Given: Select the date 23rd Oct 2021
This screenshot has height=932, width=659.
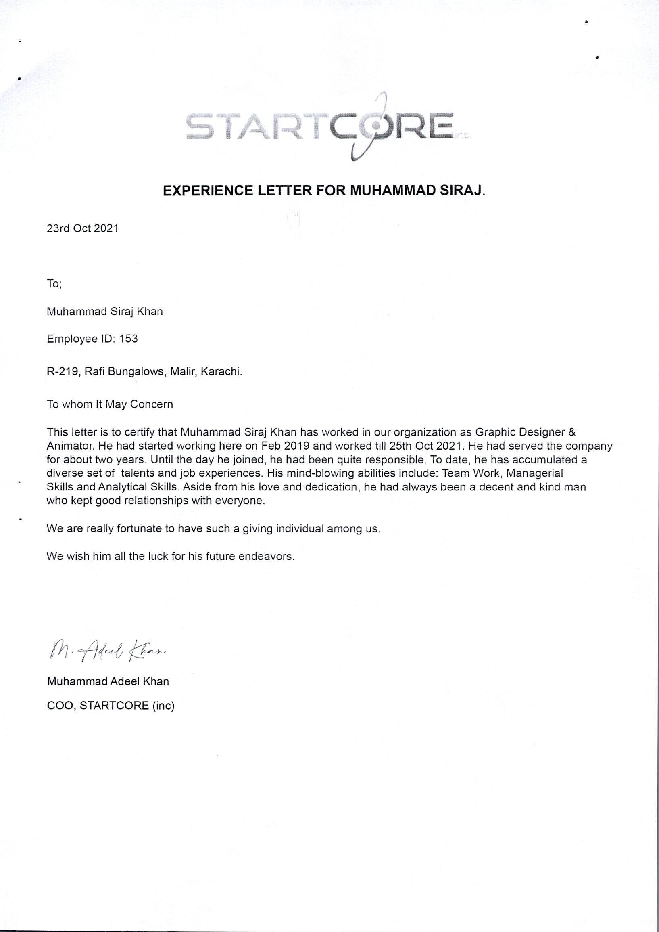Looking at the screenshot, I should [x=83, y=228].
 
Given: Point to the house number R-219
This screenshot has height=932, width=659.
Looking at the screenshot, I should [x=62, y=372].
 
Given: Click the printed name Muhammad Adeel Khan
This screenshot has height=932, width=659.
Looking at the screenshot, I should [x=108, y=681].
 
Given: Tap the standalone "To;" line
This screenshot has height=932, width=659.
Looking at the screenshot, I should [x=54, y=284].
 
